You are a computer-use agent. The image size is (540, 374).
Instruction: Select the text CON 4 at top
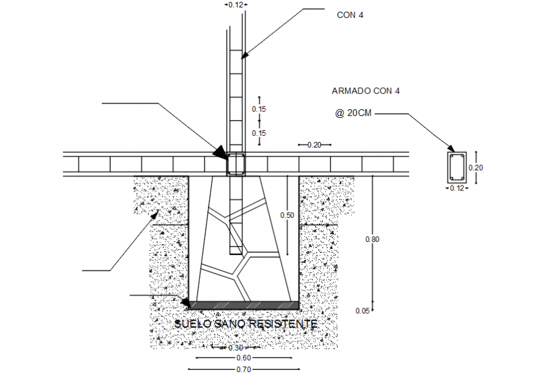(x=350, y=16)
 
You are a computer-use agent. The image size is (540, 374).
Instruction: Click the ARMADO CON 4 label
(x=366, y=91)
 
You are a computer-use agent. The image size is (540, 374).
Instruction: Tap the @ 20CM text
(x=354, y=114)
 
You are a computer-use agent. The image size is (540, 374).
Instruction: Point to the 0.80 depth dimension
(x=372, y=238)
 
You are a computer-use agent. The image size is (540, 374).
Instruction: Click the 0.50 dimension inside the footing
(x=287, y=215)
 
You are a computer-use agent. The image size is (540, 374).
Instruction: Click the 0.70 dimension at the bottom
(x=243, y=370)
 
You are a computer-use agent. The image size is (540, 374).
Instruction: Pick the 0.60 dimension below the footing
(x=243, y=358)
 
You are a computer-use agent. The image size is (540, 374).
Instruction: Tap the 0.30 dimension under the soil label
(x=235, y=347)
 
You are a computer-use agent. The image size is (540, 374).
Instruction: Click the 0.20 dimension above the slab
(x=314, y=145)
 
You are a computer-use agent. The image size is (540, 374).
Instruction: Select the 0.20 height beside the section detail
(x=475, y=167)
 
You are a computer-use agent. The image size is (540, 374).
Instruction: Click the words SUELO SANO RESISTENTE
(x=246, y=324)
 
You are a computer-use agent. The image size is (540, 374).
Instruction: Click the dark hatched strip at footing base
(x=243, y=305)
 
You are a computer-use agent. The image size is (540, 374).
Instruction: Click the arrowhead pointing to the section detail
(x=452, y=147)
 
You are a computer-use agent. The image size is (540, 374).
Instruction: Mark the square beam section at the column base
(x=236, y=164)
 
